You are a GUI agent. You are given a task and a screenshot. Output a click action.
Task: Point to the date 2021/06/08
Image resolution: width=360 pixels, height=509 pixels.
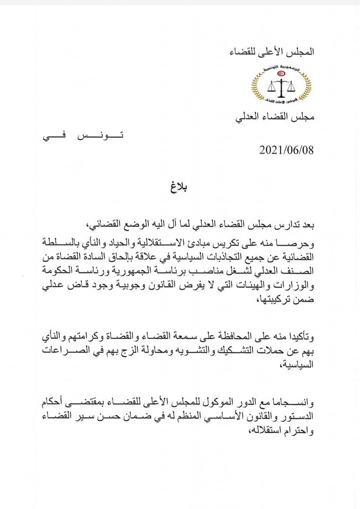(x=287, y=150)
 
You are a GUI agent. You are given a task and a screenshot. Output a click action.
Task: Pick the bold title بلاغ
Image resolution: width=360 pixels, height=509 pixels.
(x=180, y=188)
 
